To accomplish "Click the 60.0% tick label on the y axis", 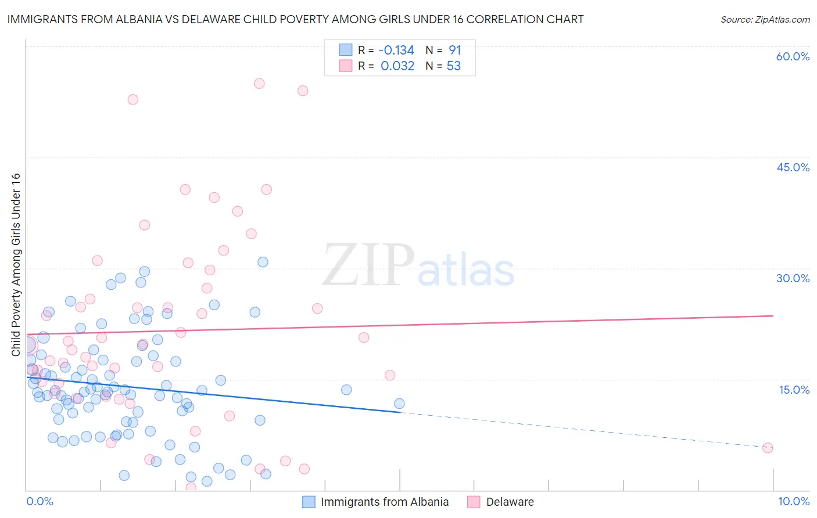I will tap(793, 56).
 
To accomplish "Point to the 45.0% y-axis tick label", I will tap(793, 167).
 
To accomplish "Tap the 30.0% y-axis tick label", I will tap(793, 278).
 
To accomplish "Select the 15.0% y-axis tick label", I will tap(794, 390).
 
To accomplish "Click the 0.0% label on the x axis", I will tap(40, 501).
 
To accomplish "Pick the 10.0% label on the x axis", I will tap(793, 501).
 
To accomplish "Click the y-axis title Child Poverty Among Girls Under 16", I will tap(16, 265).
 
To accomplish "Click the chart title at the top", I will tap(295, 19).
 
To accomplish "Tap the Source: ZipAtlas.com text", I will tap(765, 19).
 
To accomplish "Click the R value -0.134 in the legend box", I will tap(397, 51).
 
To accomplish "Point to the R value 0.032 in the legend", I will tap(397, 66).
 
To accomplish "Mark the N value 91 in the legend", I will tap(454, 51).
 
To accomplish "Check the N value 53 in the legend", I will tap(453, 66).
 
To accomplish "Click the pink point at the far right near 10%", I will tap(767, 448).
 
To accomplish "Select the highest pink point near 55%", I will tap(259, 84).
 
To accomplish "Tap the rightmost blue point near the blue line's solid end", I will tap(399, 404).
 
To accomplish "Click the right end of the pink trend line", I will tap(773, 315).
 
